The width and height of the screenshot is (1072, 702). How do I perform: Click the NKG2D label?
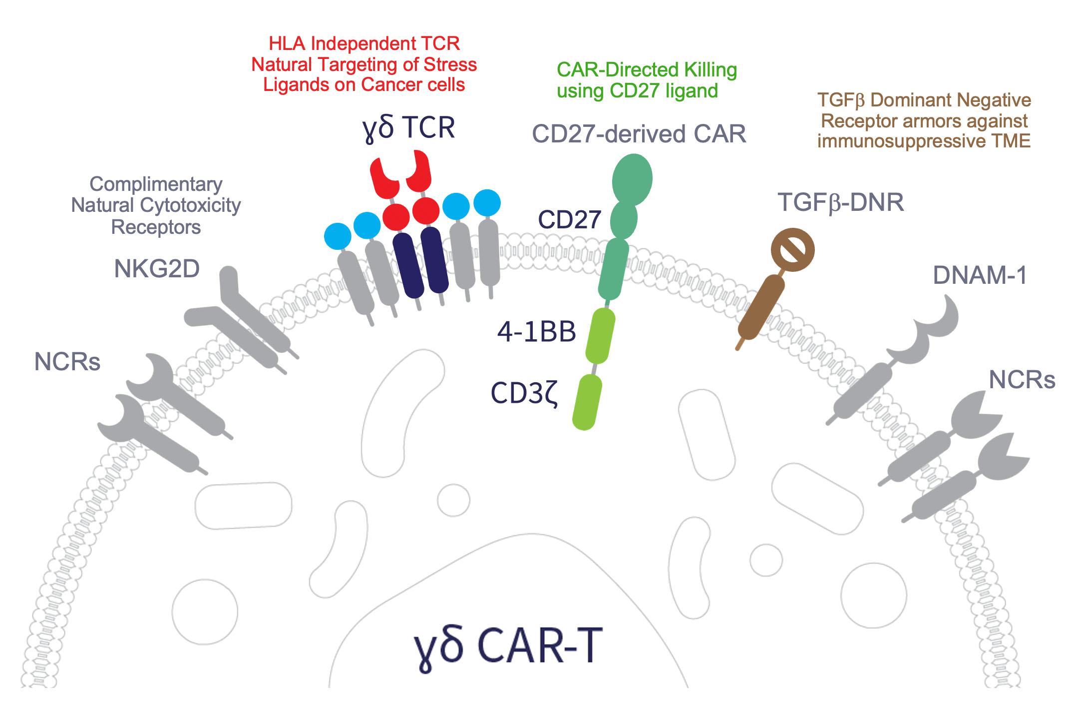pyautogui.click(x=157, y=269)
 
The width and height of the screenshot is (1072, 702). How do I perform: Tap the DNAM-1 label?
pyautogui.click(x=980, y=275)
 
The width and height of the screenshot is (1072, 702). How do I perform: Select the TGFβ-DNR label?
pyautogui.click(x=841, y=202)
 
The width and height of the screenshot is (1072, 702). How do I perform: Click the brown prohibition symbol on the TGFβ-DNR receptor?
pyautogui.click(x=792, y=250)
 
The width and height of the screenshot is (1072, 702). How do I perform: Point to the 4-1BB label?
pyautogui.click(x=536, y=332)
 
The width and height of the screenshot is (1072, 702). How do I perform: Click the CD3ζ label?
pyautogui.click(x=524, y=393)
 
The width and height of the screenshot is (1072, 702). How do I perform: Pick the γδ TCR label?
pyautogui.click(x=408, y=128)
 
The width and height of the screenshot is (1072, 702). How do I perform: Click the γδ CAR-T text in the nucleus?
pyautogui.click(x=508, y=647)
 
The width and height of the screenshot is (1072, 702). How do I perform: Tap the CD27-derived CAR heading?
pyautogui.click(x=639, y=134)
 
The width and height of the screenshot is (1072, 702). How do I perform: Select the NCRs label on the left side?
pyautogui.click(x=67, y=362)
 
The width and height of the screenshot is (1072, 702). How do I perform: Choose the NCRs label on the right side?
pyautogui.click(x=1022, y=380)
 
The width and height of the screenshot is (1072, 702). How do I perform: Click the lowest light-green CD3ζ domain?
pyautogui.click(x=587, y=402)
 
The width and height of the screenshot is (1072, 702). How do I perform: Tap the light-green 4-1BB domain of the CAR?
pyautogui.click(x=600, y=335)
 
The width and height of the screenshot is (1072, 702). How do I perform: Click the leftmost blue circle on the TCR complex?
pyautogui.click(x=338, y=236)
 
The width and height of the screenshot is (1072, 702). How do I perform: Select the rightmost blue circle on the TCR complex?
pyautogui.click(x=487, y=203)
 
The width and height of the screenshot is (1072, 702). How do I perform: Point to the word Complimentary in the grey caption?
pyautogui.click(x=156, y=184)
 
